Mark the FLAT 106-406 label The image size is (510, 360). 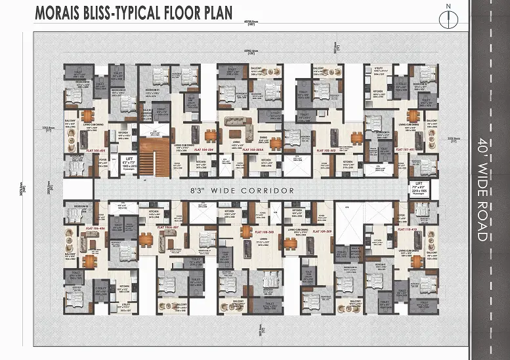pos(95,229)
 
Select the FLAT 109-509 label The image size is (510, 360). pos(318,231)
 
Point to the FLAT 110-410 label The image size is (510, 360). pos(408,229)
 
